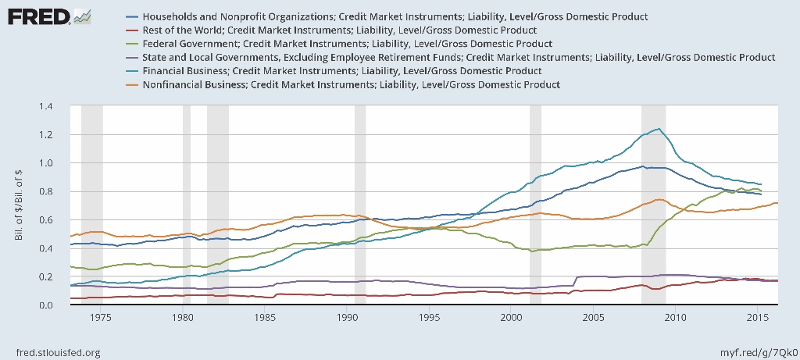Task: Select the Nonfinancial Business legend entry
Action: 352,84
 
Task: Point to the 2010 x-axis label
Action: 675,319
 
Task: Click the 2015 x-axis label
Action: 757,319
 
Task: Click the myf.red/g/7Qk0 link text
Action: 755,352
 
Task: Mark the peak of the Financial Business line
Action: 659,129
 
